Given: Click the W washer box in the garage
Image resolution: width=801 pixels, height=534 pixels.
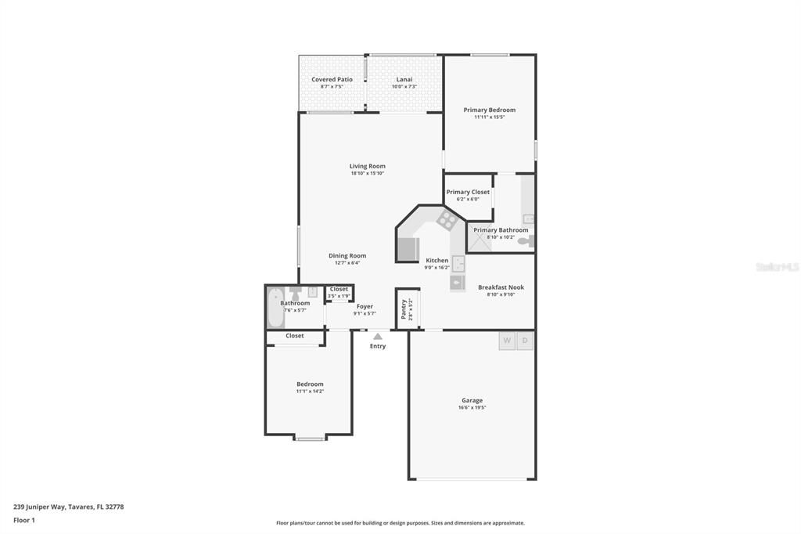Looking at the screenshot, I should coord(507,341).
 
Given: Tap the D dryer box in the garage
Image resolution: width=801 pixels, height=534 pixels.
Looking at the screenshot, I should coord(526,341).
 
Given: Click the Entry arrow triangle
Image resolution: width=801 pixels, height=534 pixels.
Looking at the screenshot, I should coord(378,336).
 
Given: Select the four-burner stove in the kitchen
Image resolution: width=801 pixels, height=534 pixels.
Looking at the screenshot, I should coord(447,220).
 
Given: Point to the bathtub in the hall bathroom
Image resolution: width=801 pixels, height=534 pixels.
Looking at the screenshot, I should coord(275,307).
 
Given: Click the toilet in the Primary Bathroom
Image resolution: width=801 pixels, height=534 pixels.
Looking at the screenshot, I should coord(530,241).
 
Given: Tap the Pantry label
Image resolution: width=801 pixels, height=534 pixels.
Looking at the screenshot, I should coord(404,308).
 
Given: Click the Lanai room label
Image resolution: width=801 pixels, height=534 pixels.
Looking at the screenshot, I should coord(404,79).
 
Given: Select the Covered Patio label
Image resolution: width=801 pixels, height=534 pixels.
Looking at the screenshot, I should coord(332,79).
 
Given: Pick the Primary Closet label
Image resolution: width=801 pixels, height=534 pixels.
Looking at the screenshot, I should coord(468,192).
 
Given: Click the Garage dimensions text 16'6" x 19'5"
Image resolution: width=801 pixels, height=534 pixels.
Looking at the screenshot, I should coord(472,407).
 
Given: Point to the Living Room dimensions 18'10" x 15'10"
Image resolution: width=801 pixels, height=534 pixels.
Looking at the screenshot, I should coord(367,173).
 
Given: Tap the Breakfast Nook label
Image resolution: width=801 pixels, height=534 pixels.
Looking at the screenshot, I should coord(501,287).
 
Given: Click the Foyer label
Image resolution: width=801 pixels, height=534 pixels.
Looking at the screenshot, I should coord(365,306).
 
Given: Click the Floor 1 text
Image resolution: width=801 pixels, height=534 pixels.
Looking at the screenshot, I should coord(25,520).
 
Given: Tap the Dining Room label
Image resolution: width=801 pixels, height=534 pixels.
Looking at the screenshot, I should coord(347,256).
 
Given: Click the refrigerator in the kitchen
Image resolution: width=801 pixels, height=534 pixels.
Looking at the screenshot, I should coord(408,249).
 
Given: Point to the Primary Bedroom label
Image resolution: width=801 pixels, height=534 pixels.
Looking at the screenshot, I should coord(489,110).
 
